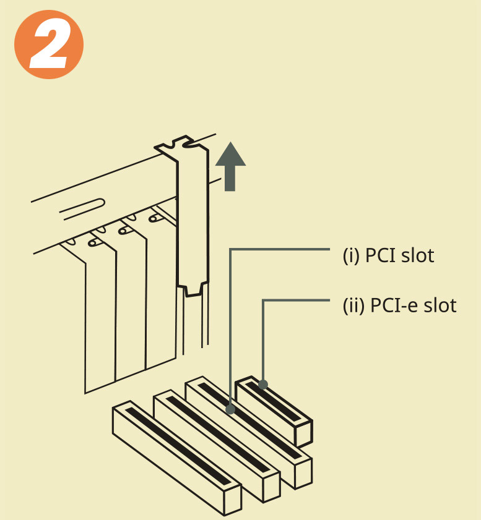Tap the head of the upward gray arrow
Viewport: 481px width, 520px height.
pos(230,155)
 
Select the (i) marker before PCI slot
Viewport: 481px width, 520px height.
pos(351,255)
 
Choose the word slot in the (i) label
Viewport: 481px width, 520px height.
pos(417,255)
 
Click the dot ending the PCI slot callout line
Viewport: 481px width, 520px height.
pos(230,409)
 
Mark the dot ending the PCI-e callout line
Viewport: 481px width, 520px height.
pos(263,385)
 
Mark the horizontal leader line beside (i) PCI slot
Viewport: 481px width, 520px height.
pos(279,250)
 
